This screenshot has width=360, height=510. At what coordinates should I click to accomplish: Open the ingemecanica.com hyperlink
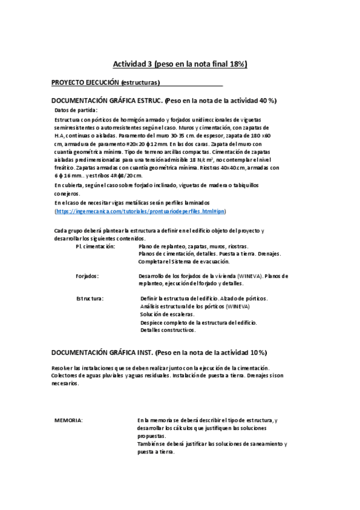[140, 212]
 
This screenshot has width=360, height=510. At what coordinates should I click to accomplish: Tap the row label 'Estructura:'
[90, 298]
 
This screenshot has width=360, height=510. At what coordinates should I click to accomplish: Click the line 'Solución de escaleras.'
[168, 315]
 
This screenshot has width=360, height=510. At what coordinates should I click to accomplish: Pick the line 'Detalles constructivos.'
[168, 330]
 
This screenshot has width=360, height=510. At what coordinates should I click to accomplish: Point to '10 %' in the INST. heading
[258, 352]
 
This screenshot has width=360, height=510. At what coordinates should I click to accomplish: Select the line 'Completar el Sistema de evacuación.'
[184, 262]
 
